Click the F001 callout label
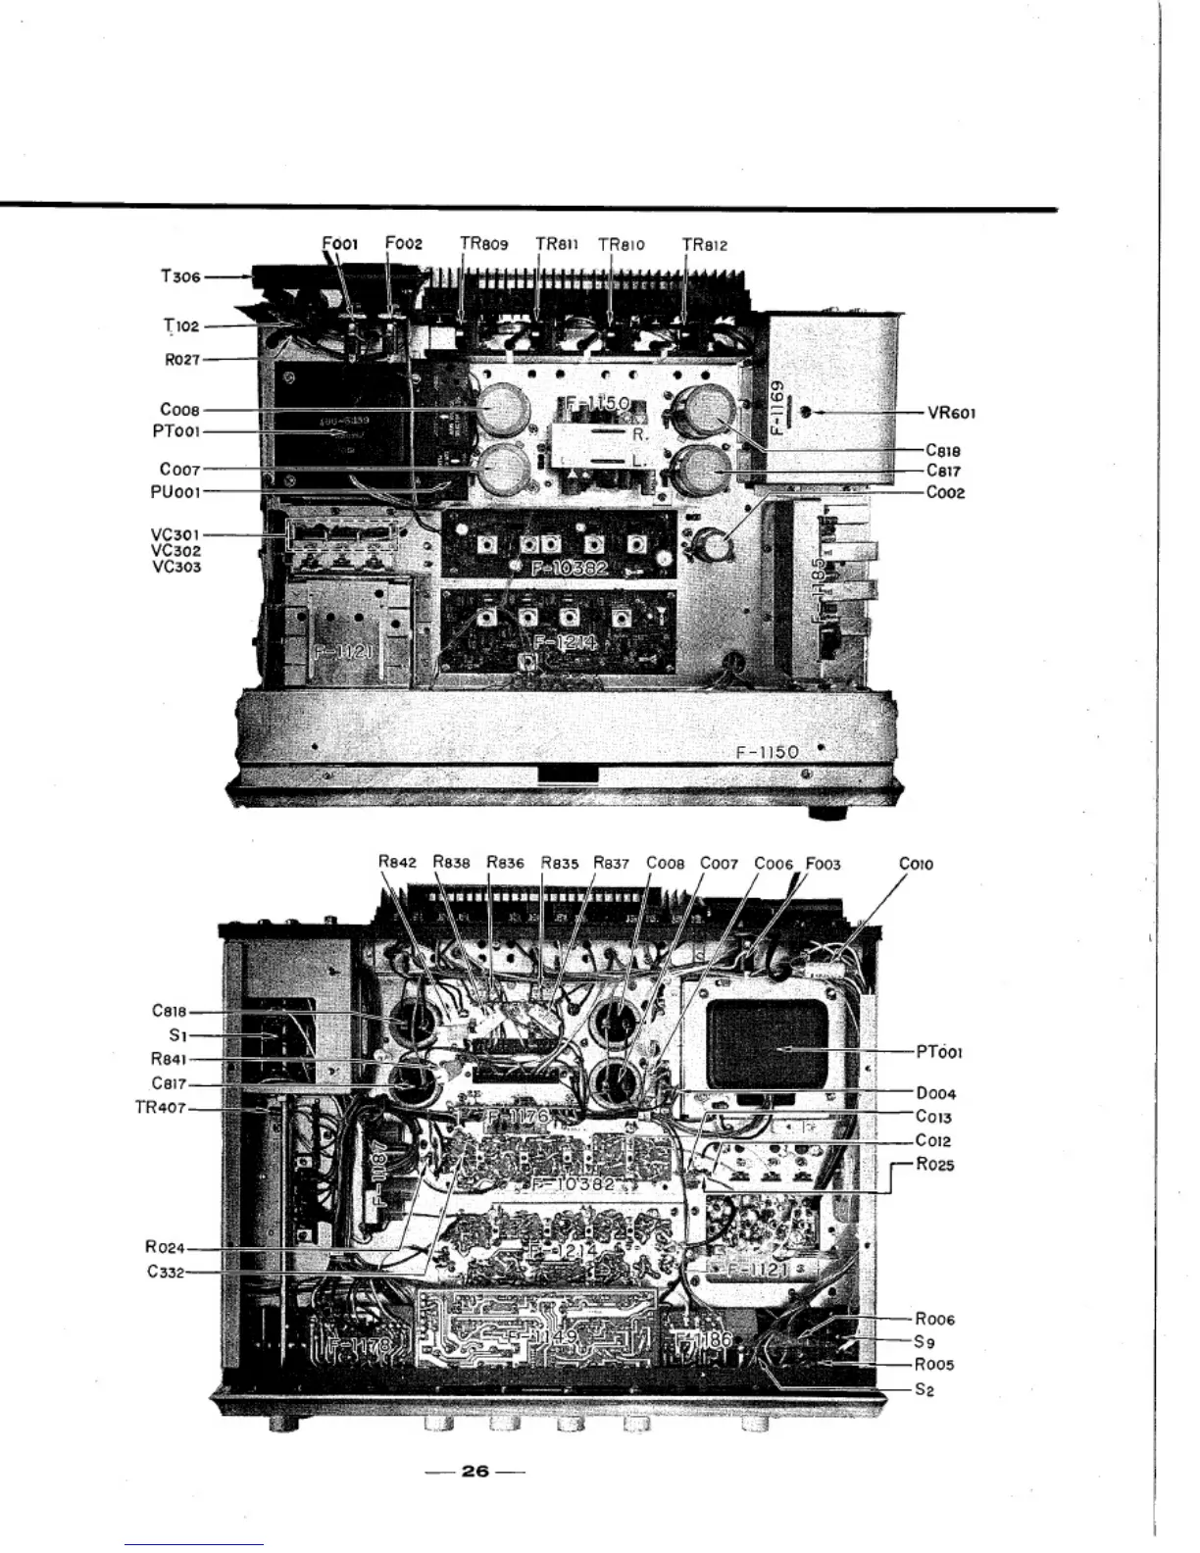(341, 243)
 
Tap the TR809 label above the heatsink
(484, 244)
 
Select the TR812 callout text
(705, 244)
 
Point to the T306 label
(180, 276)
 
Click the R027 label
(181, 360)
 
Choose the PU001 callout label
(175, 492)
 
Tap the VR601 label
(951, 413)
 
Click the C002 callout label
(945, 492)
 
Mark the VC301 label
(175, 534)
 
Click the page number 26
(475, 1471)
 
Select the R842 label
(397, 864)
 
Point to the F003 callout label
(824, 864)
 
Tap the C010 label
(916, 864)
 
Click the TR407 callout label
(159, 1109)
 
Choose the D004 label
(935, 1093)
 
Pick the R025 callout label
(934, 1165)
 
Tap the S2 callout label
(924, 1389)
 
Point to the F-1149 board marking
(535, 1337)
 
